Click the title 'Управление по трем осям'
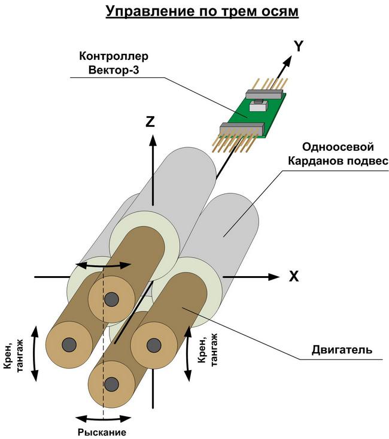click(x=202, y=11)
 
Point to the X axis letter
click(x=294, y=276)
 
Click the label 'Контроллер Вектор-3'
click(x=114, y=63)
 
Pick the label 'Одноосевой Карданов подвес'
click(x=338, y=154)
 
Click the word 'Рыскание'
click(x=103, y=432)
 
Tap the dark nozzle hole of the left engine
click(x=69, y=345)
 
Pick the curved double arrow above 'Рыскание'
click(x=103, y=418)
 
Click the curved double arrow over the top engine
click(x=105, y=264)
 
